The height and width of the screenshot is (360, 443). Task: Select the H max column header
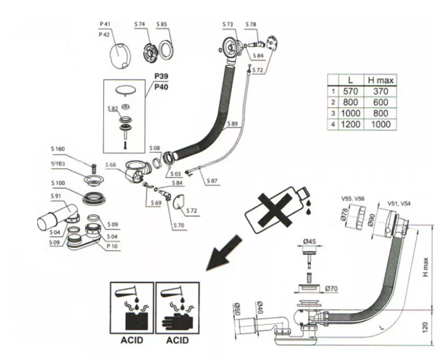pos(381,80)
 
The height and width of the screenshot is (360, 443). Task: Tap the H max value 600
pos(381,102)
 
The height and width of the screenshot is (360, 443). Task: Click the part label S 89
pos(233,124)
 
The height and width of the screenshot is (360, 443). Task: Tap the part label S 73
pos(228,24)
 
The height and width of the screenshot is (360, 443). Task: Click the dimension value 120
pos(424,328)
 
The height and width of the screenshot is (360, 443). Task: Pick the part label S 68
pos(111,165)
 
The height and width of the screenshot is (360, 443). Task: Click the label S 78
pos(251,24)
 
